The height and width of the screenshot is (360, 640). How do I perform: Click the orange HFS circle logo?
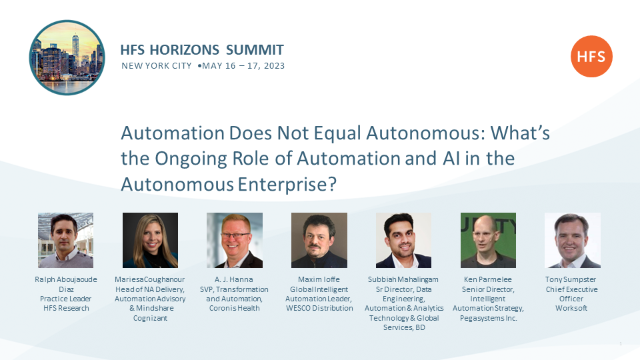[591, 56]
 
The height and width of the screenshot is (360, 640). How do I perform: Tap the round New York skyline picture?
[67, 57]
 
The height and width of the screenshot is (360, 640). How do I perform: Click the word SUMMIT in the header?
[255, 50]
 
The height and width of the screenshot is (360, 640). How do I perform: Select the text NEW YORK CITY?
[156, 66]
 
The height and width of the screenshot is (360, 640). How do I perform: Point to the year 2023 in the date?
[274, 66]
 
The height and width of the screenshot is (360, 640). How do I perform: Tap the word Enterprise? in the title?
[287, 185]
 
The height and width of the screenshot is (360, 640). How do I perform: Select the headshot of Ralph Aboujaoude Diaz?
[66, 240]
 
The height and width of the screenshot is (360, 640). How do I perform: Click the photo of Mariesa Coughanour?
[150, 240]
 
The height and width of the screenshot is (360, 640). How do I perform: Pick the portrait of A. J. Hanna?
[235, 240]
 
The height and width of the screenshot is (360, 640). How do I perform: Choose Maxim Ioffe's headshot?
[319, 240]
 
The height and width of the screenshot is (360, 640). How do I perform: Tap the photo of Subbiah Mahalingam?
[404, 240]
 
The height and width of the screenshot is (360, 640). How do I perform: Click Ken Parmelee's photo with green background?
[488, 240]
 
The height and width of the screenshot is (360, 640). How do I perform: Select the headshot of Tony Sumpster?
[573, 240]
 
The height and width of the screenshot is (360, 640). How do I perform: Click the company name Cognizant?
[150, 318]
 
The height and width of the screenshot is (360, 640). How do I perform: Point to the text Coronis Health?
[234, 308]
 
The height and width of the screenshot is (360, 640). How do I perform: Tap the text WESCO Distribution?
[319, 308]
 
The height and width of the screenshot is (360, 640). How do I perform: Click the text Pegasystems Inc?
[488, 318]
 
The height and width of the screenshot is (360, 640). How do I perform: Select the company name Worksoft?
[571, 308]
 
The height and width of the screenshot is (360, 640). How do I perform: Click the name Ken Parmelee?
[488, 279]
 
